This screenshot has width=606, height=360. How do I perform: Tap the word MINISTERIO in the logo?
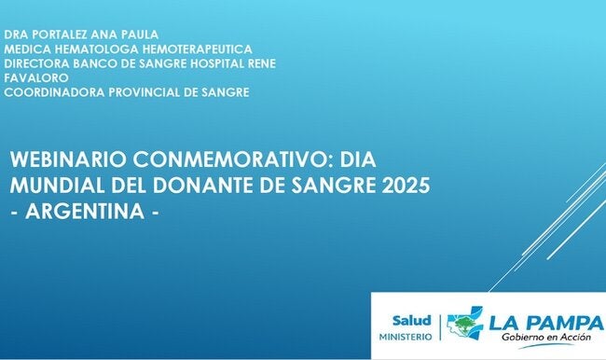point(406,335)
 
